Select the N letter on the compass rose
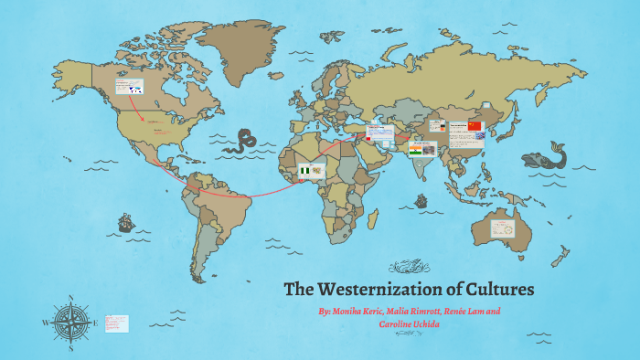coord(70,297)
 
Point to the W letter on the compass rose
coord(45,323)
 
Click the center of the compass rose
coord(70,323)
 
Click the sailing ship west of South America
coord(124,222)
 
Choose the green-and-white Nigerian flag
coord(304,171)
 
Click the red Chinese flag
coord(474,125)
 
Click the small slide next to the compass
coord(117,323)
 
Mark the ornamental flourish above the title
coord(408,268)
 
